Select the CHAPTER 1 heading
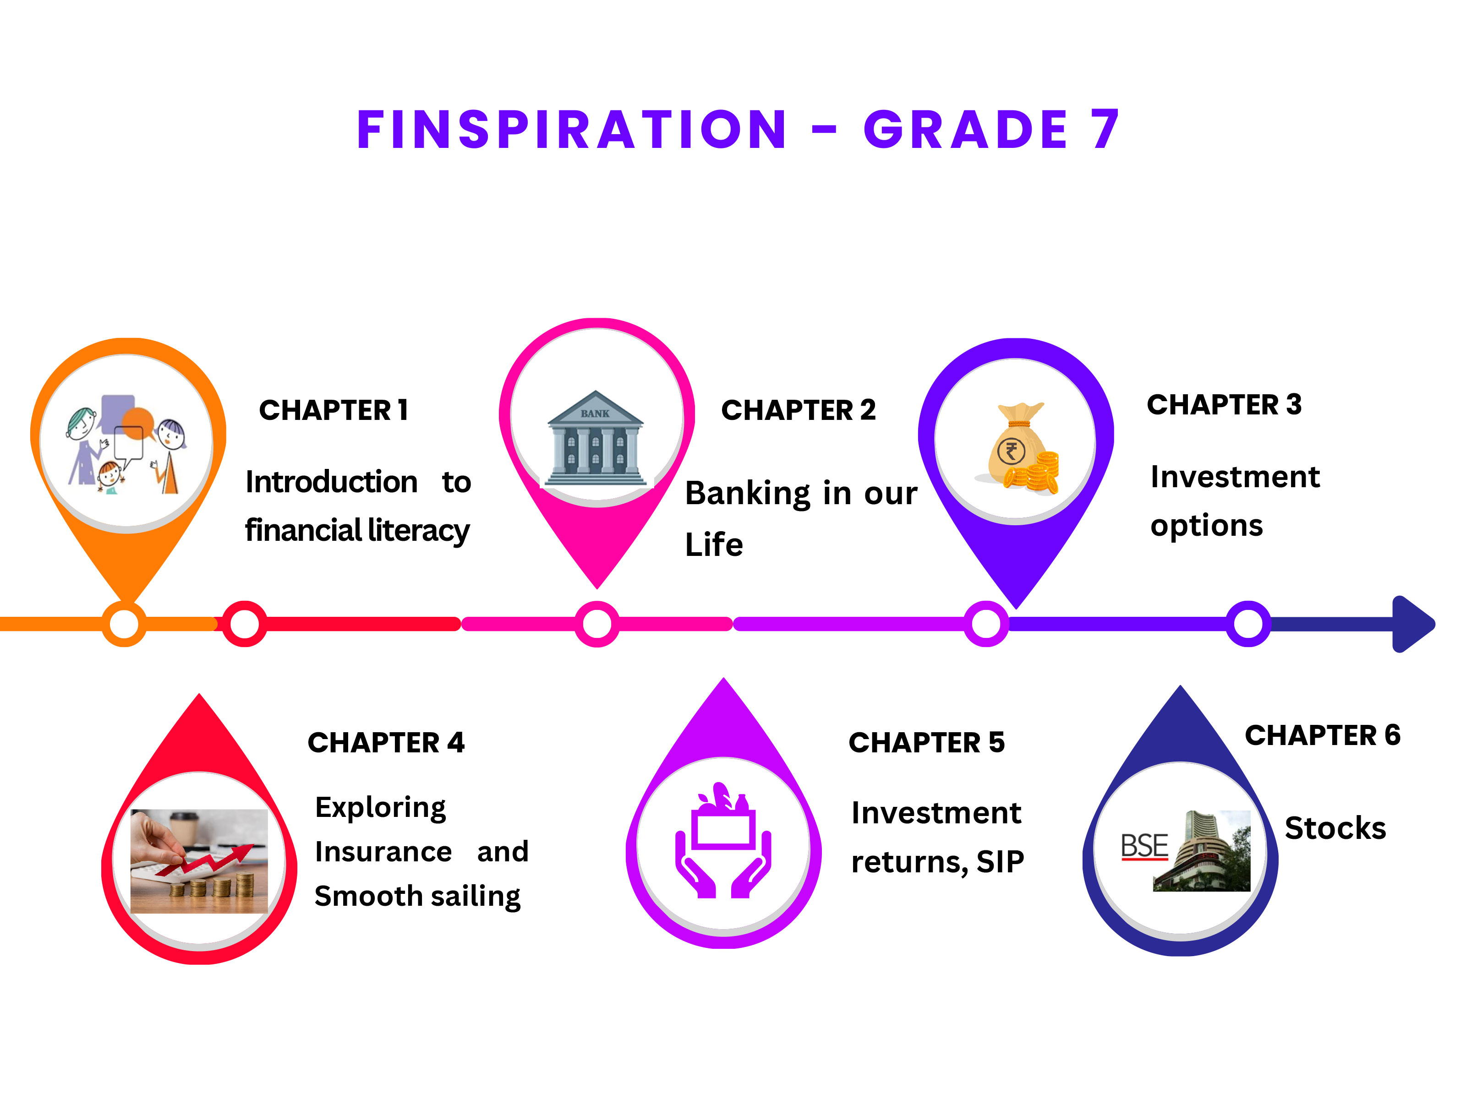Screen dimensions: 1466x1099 (x=334, y=410)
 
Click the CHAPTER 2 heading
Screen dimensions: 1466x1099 (x=799, y=410)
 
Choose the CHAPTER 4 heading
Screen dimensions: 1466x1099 (x=386, y=743)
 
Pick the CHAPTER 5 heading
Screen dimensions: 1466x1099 (x=926, y=743)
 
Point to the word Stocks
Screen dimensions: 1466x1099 (x=1335, y=828)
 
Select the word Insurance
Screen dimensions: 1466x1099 (x=383, y=852)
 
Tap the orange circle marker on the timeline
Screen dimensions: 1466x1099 (x=124, y=624)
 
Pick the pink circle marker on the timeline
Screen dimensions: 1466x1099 (x=597, y=624)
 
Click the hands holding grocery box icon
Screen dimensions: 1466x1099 (x=724, y=840)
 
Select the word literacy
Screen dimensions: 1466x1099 (x=419, y=531)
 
